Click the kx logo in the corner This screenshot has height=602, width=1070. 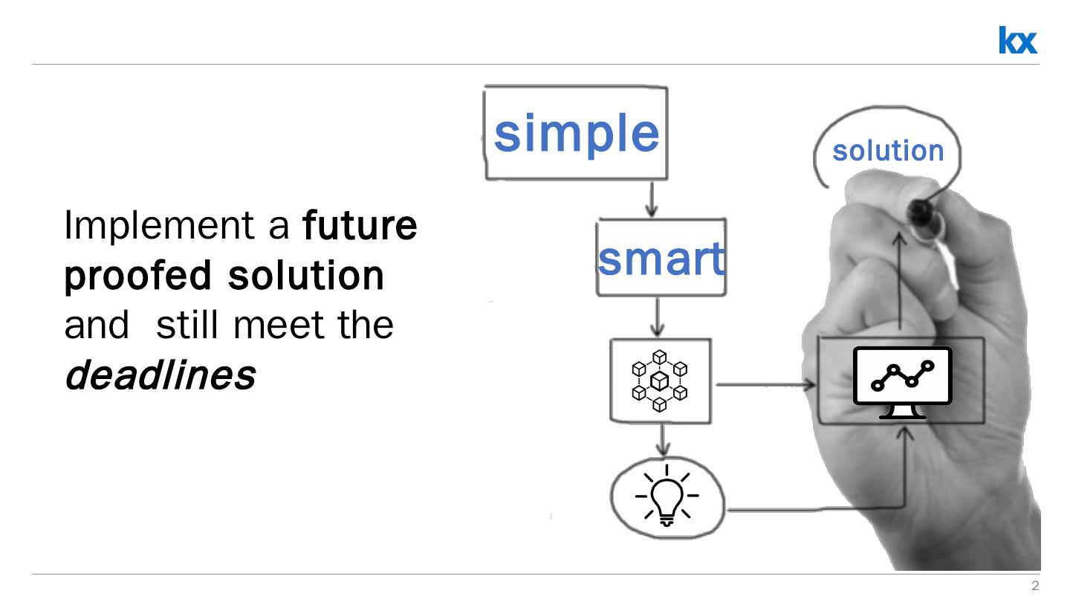click(x=1017, y=40)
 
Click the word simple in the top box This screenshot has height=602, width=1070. click(x=576, y=133)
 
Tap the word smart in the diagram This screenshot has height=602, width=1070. click(x=661, y=258)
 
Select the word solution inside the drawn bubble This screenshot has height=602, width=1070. click(x=888, y=151)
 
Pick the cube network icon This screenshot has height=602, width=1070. click(x=659, y=381)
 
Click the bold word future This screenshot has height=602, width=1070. click(x=360, y=224)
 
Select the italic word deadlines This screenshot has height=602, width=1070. click(x=160, y=375)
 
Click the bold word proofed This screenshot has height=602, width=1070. click(x=138, y=275)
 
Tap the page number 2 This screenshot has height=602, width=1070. click(x=1035, y=586)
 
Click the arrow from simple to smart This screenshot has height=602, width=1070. click(x=652, y=198)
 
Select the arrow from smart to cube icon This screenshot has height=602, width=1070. click(x=656, y=317)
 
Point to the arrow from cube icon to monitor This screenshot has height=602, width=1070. click(x=765, y=384)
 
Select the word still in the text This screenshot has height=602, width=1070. click(x=189, y=325)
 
